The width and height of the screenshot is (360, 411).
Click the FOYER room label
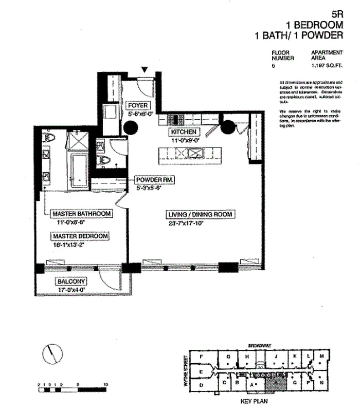click(138, 106)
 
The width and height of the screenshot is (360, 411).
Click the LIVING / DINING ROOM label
click(201, 214)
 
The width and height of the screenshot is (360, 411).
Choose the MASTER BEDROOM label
click(80, 236)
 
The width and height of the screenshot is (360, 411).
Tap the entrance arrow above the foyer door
click(145, 69)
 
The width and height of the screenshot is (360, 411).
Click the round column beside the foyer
click(117, 126)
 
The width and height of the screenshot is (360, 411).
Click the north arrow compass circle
click(52, 352)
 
